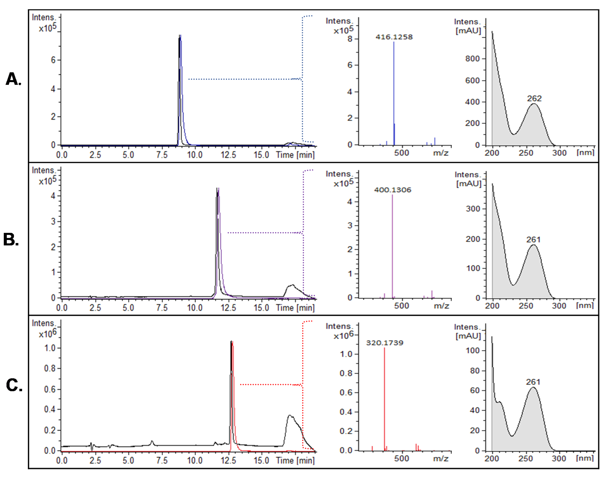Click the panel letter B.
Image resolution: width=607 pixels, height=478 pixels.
pos(11,240)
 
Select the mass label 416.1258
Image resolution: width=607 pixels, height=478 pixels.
pos(394,37)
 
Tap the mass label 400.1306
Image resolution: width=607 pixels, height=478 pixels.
pos(393,190)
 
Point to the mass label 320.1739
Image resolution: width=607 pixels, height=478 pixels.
pos(384,343)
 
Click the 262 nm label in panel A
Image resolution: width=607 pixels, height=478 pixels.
pos(534,98)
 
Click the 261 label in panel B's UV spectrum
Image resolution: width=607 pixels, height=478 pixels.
pos(533,240)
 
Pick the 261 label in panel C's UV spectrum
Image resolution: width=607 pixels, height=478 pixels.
pos(533,382)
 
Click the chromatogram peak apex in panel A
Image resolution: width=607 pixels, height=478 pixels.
pos(180,36)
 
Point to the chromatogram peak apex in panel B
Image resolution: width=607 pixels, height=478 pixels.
pos(218,188)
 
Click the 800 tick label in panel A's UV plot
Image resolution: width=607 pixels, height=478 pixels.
pos(472,59)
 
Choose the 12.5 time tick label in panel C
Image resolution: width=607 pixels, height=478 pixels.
pos(228,460)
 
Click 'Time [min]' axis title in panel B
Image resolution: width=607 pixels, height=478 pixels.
pos(295,308)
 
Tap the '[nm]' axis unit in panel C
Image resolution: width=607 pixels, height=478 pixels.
pos(585,458)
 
